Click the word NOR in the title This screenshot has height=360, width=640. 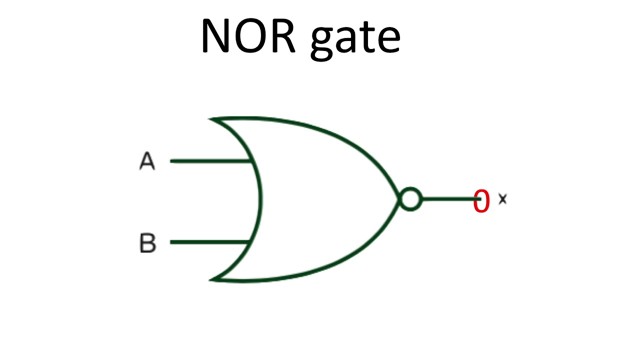coord(248,36)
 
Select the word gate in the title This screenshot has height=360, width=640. coord(355,40)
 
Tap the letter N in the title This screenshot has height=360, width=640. coord(216,36)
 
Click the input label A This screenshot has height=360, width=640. coord(147,161)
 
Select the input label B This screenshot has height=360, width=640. coord(147,243)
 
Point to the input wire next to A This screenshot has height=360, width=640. coord(210,161)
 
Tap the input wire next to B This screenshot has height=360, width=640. coord(210,242)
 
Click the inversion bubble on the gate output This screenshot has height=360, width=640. coord(410,199)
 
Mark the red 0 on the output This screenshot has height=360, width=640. coord(481,201)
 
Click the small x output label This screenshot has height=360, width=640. coord(502,199)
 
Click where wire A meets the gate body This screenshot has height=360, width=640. coord(250,161)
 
